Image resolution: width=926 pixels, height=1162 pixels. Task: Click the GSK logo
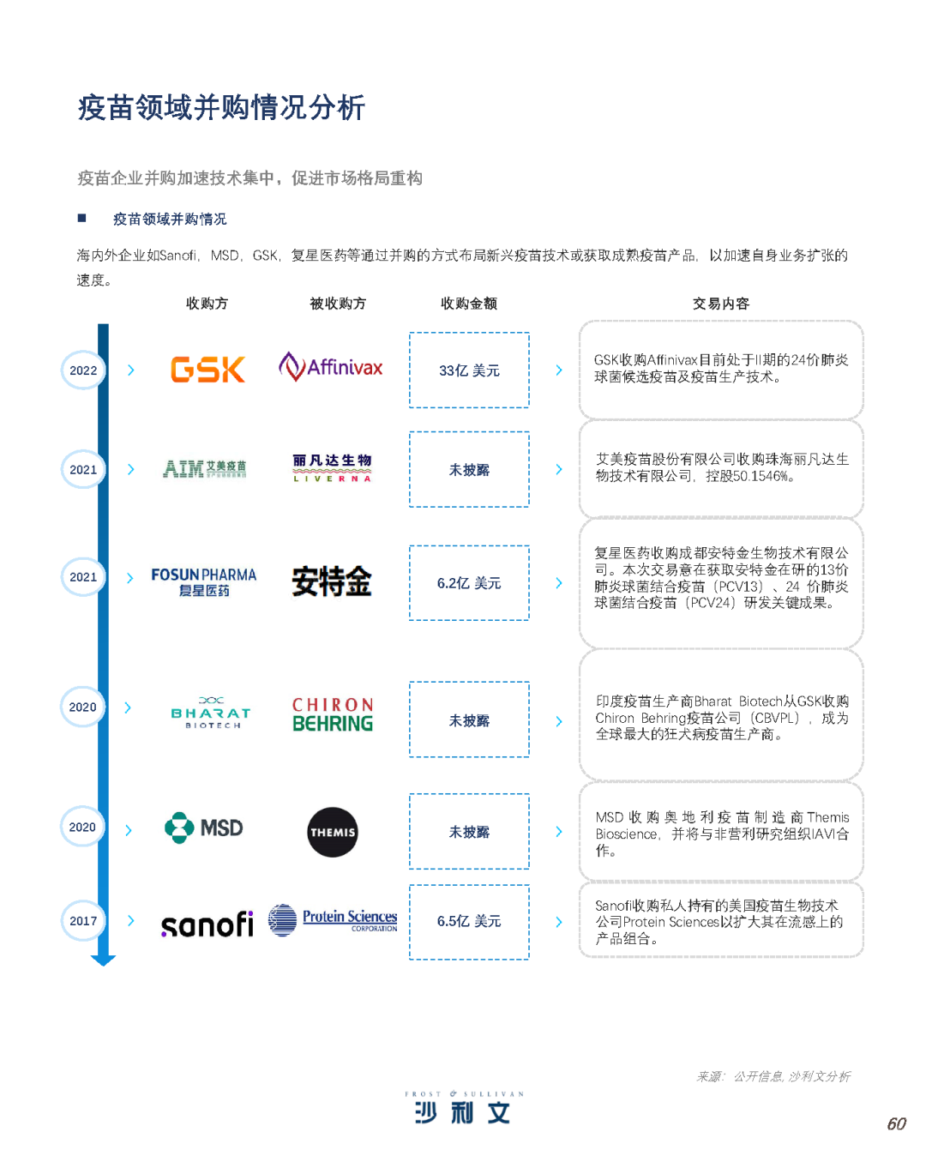(x=207, y=370)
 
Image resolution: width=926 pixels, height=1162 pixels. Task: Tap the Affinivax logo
(x=331, y=367)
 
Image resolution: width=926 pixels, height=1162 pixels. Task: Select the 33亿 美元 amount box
(x=469, y=370)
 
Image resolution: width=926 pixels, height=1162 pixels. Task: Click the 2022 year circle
(x=83, y=370)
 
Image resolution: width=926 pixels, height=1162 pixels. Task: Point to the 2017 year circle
(x=83, y=921)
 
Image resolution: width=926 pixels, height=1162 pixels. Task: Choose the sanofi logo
(x=207, y=924)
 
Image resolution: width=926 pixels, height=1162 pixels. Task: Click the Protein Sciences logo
(x=333, y=920)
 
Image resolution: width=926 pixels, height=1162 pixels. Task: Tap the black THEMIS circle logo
(x=333, y=832)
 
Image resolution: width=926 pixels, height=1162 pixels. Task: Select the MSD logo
(x=204, y=828)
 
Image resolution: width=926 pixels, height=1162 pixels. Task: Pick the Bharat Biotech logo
(x=211, y=713)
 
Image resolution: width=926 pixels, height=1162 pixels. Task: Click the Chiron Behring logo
(x=333, y=714)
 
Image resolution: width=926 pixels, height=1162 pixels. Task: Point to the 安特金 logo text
(x=332, y=581)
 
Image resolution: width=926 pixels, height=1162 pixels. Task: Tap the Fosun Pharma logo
(x=204, y=581)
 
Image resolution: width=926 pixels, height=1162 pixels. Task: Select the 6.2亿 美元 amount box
(x=469, y=583)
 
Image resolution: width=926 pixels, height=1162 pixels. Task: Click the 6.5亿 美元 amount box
(x=469, y=922)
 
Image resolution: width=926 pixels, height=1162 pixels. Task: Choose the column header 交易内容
(x=720, y=304)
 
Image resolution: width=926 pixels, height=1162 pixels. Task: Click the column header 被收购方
(x=338, y=304)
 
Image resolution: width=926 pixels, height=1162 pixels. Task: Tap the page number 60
(x=896, y=1124)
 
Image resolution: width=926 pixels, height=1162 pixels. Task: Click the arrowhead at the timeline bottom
(x=103, y=960)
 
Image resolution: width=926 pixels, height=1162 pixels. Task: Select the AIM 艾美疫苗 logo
(x=205, y=469)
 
